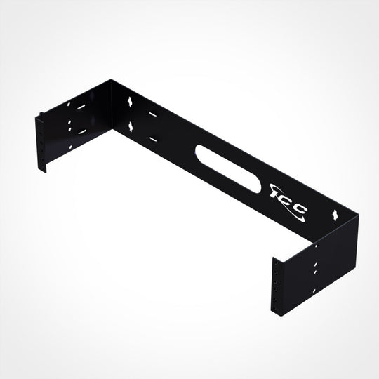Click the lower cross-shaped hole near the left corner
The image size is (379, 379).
click(x=131, y=126)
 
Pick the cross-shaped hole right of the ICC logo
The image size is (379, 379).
click(x=337, y=212)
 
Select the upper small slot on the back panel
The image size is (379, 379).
click(x=151, y=114)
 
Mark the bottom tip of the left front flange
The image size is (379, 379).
click(x=46, y=171)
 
